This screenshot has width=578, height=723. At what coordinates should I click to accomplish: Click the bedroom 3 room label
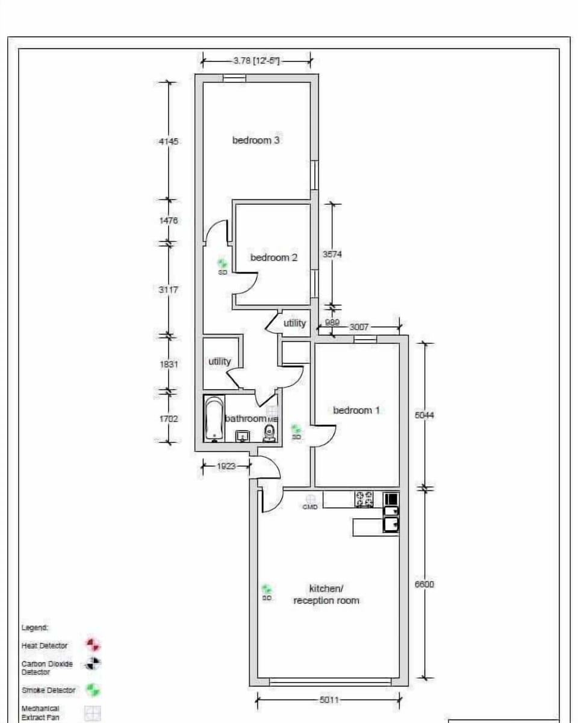tap(256, 140)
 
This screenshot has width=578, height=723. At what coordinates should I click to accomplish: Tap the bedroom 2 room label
tap(274, 257)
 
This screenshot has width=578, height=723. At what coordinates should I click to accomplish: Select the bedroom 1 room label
tap(356, 410)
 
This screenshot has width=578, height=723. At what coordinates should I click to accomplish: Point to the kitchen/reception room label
tap(326, 594)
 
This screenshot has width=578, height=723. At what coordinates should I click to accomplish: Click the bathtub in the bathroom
tap(214, 419)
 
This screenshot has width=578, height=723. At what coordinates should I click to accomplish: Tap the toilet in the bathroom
tap(270, 433)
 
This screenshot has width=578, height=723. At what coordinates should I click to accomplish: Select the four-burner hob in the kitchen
tap(364, 499)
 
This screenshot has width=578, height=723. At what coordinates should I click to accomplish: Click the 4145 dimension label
tap(169, 142)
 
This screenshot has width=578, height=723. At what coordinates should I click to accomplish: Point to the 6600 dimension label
tap(424, 584)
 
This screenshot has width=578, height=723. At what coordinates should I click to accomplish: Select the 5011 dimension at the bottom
tap(329, 700)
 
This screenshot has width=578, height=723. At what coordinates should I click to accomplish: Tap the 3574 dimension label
tap(332, 255)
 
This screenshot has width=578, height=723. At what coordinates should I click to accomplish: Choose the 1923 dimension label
tap(226, 466)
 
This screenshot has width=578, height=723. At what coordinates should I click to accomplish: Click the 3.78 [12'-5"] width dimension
tap(256, 60)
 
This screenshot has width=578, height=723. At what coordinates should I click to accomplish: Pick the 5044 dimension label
tap(424, 415)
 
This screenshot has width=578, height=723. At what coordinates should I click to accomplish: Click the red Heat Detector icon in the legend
tap(92, 645)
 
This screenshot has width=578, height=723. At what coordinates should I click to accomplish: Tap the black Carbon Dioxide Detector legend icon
tap(92, 664)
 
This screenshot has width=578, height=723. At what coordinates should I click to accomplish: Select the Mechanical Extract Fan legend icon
tap(92, 714)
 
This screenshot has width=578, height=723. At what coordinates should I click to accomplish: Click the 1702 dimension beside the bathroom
tap(169, 418)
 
